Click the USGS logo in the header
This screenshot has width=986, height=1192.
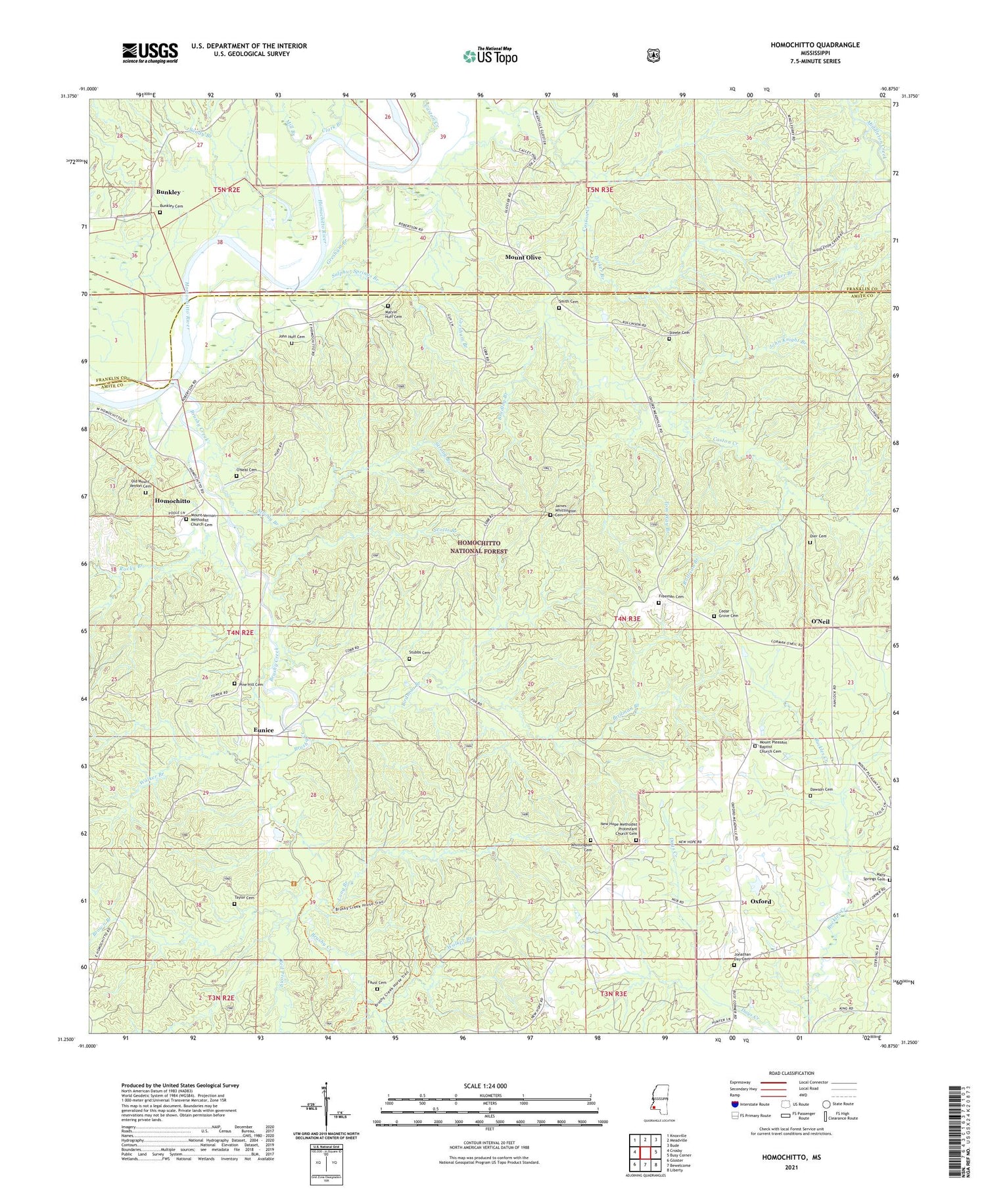click(150, 53)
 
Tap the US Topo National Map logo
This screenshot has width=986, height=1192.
click(490, 56)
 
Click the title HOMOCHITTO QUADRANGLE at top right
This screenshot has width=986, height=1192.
click(815, 45)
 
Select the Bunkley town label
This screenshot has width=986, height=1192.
click(168, 192)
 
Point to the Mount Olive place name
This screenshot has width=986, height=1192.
click(523, 257)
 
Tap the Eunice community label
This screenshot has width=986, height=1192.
click(264, 730)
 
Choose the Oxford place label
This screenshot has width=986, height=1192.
click(761, 901)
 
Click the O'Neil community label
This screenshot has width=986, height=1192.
click(820, 621)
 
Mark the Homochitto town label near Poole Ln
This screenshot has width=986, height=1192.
click(172, 501)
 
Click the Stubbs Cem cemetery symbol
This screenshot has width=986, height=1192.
click(409, 658)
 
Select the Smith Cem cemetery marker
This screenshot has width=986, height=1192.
click(559, 307)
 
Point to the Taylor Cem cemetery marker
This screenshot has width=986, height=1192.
click(234, 903)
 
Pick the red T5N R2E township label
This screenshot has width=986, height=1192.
click(229, 190)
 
